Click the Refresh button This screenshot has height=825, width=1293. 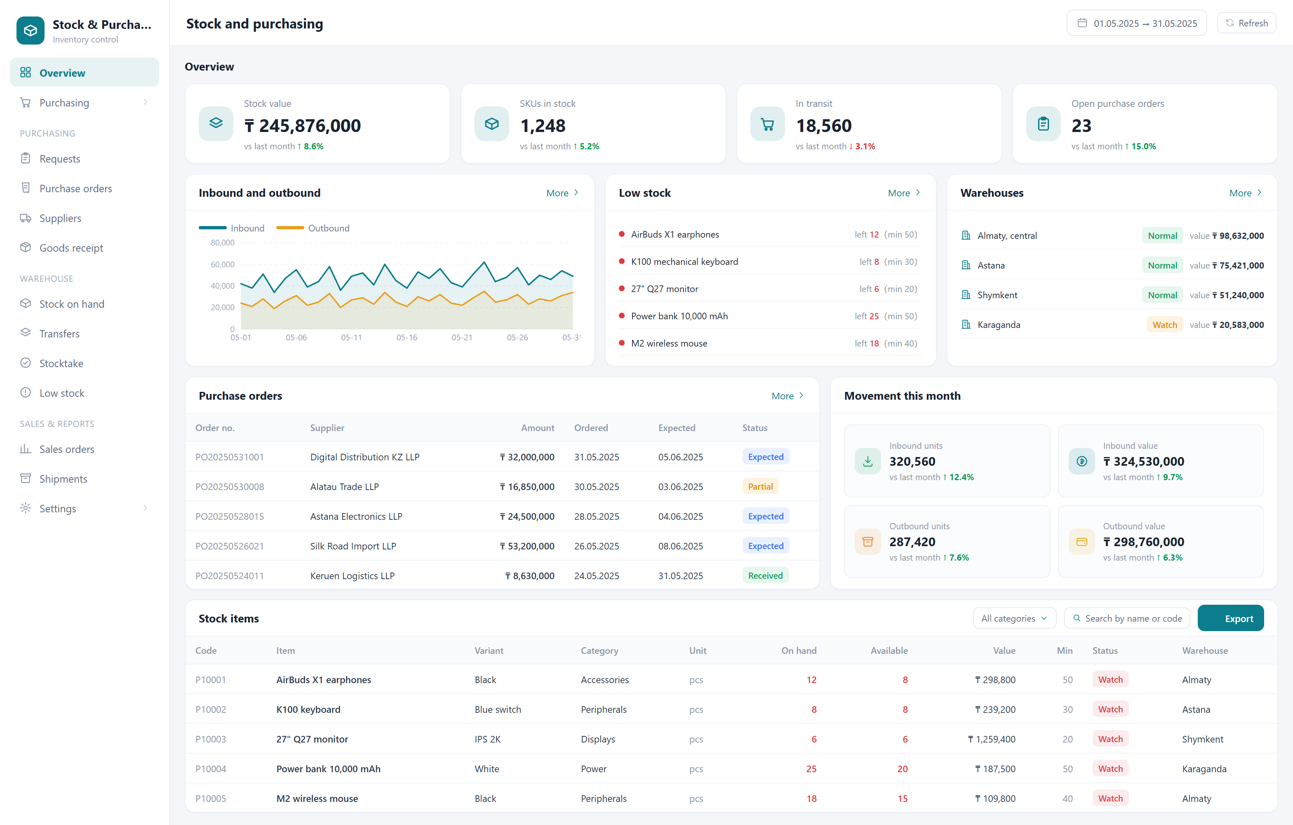click(x=1246, y=23)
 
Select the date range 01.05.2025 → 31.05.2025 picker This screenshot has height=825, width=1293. click(x=1136, y=23)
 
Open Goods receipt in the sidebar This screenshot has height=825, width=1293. click(x=71, y=247)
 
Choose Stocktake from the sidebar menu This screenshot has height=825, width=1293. click(x=61, y=363)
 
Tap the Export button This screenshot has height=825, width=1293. click(x=1230, y=618)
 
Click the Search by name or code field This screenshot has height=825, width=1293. click(x=1127, y=618)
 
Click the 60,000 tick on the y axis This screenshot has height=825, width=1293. click(x=222, y=264)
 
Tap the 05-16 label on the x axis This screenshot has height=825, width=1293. click(x=407, y=337)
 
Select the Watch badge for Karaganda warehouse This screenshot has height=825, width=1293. click(x=1164, y=324)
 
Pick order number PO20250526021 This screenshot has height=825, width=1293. click(x=229, y=546)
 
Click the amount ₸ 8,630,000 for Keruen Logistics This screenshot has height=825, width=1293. click(x=529, y=575)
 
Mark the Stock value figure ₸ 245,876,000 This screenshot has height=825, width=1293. click(x=302, y=126)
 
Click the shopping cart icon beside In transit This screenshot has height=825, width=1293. click(x=767, y=124)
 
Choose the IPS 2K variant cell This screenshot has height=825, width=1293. click(x=488, y=739)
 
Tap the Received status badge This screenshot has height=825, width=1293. click(x=765, y=575)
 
